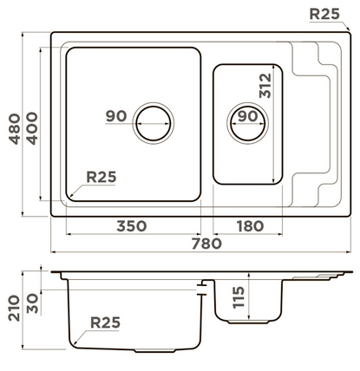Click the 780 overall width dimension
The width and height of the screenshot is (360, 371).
(x=206, y=244)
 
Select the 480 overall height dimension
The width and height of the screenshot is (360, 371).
(x=15, y=129)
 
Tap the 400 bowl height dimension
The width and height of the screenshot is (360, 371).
(x=32, y=128)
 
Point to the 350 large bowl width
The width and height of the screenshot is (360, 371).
(x=132, y=226)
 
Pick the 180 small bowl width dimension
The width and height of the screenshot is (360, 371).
(x=250, y=226)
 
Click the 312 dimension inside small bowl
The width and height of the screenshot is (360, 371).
(x=265, y=86)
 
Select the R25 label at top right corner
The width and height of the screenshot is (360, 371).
(x=324, y=14)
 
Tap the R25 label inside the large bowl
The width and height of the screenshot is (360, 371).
(x=101, y=177)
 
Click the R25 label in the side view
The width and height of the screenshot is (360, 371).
(x=105, y=322)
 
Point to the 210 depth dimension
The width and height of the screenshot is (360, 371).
(x=14, y=308)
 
